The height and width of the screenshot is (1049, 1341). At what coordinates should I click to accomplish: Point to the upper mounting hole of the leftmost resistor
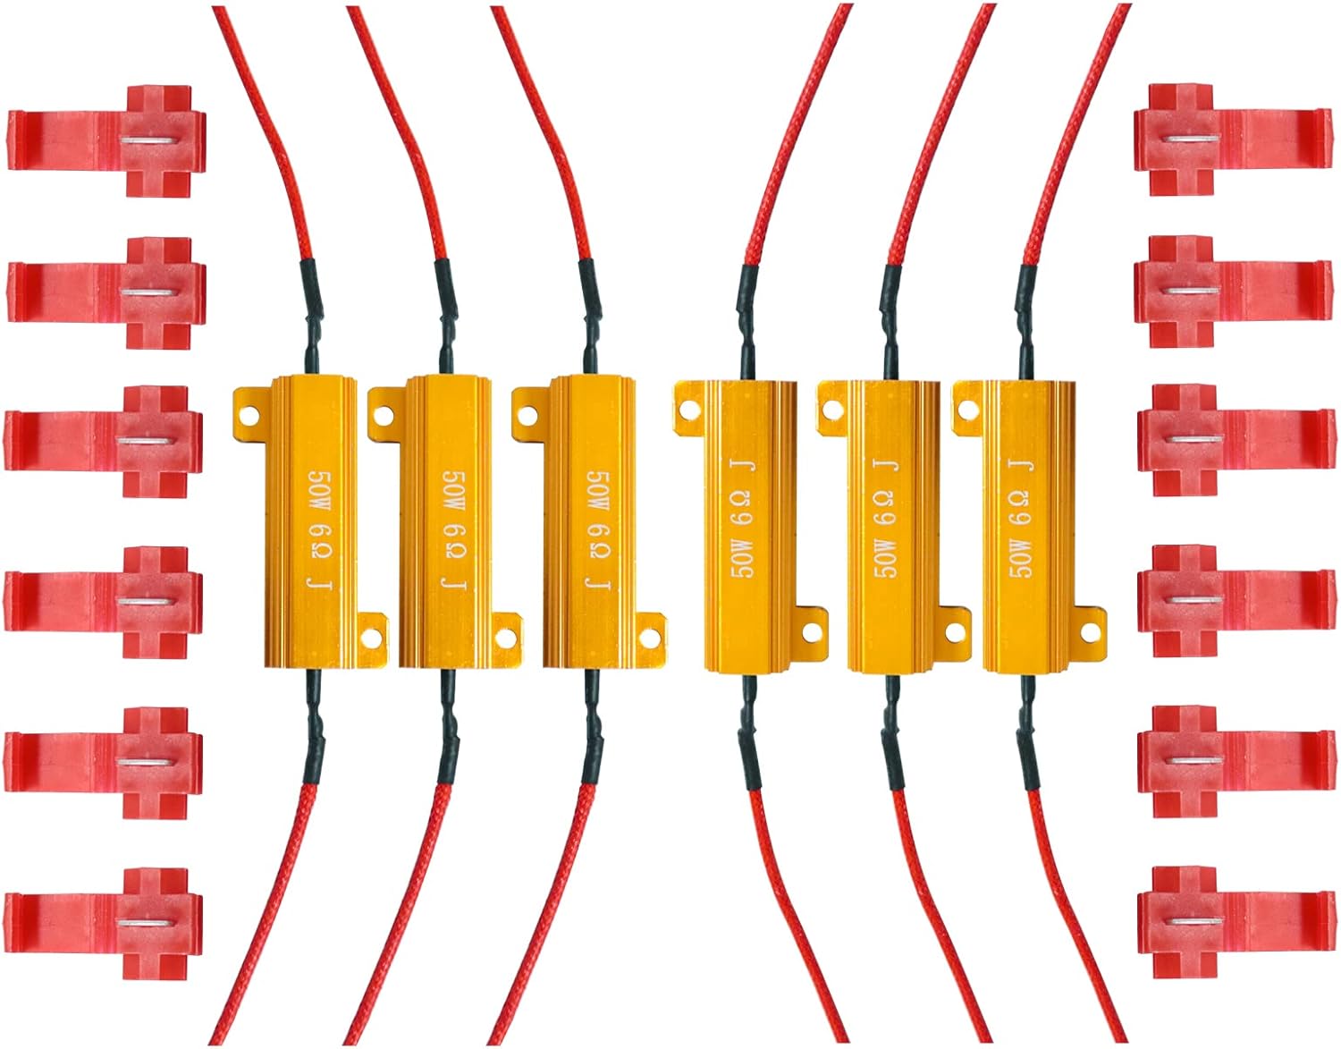[247, 413]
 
